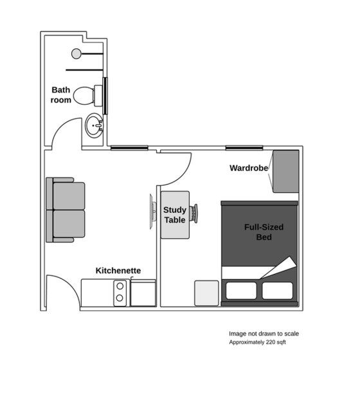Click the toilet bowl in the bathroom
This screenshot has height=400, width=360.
84,96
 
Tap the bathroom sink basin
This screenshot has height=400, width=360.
94,125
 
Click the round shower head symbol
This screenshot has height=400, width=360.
76,54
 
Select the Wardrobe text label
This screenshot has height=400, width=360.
249,168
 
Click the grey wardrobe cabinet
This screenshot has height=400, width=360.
286,172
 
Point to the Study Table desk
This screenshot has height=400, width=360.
175,215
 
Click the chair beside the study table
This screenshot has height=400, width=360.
194,214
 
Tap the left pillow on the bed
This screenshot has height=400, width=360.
241,290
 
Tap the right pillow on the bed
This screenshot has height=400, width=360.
278,290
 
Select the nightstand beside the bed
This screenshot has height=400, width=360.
207,293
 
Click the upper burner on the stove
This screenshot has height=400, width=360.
120,286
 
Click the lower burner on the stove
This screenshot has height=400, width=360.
120,298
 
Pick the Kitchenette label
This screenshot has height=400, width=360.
118,270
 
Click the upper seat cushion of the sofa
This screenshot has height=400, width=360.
69,196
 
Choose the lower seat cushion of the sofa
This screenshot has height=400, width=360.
69,224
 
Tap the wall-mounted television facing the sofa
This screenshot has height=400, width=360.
152,212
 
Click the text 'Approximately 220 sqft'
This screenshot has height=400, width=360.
257,342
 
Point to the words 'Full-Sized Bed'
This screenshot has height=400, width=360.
264,232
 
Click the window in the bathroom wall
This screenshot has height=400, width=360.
105,96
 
